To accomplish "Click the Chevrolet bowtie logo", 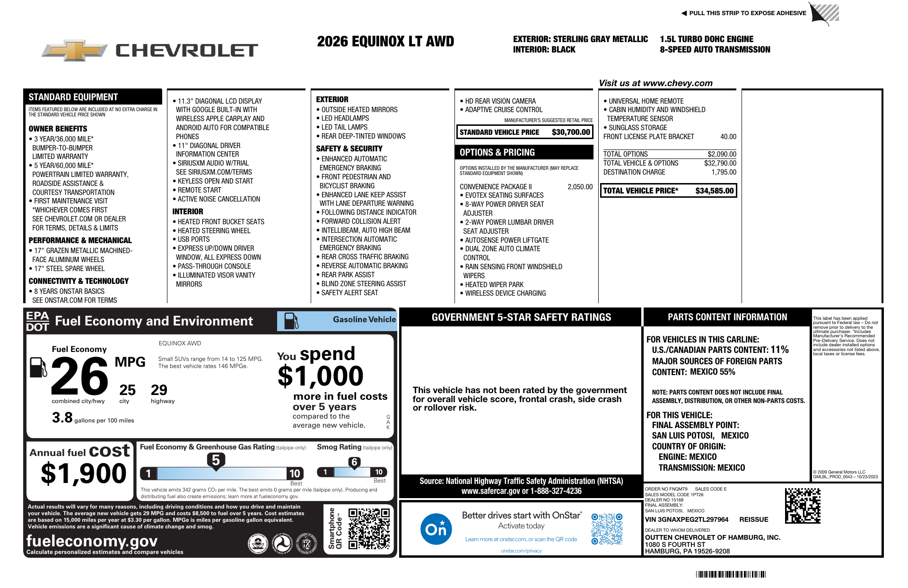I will tap(75, 50).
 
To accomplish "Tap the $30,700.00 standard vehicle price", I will tap(571, 132).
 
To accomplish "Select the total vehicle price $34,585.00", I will tap(714, 191).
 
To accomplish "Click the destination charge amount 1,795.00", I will tap(724, 172).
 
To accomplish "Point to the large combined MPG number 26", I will tap(79, 377).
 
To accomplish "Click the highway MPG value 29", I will tap(159, 390).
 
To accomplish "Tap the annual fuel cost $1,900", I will tap(84, 474).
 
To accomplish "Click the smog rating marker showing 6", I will tap(354, 462).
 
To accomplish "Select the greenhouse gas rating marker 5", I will tap(216, 460).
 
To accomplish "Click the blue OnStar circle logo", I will tap(436, 528).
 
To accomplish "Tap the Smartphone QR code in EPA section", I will tap(369, 528).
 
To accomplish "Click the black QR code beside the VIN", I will tap(803, 506).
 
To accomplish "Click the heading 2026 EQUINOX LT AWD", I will tap(385, 42).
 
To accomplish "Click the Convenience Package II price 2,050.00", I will tap(580, 187).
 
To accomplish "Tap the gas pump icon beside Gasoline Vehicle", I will tap(291, 321).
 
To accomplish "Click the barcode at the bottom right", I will tap(731, 574).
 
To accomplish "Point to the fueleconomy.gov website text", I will tap(92, 541).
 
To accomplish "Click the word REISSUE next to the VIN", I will tap(754, 519).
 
